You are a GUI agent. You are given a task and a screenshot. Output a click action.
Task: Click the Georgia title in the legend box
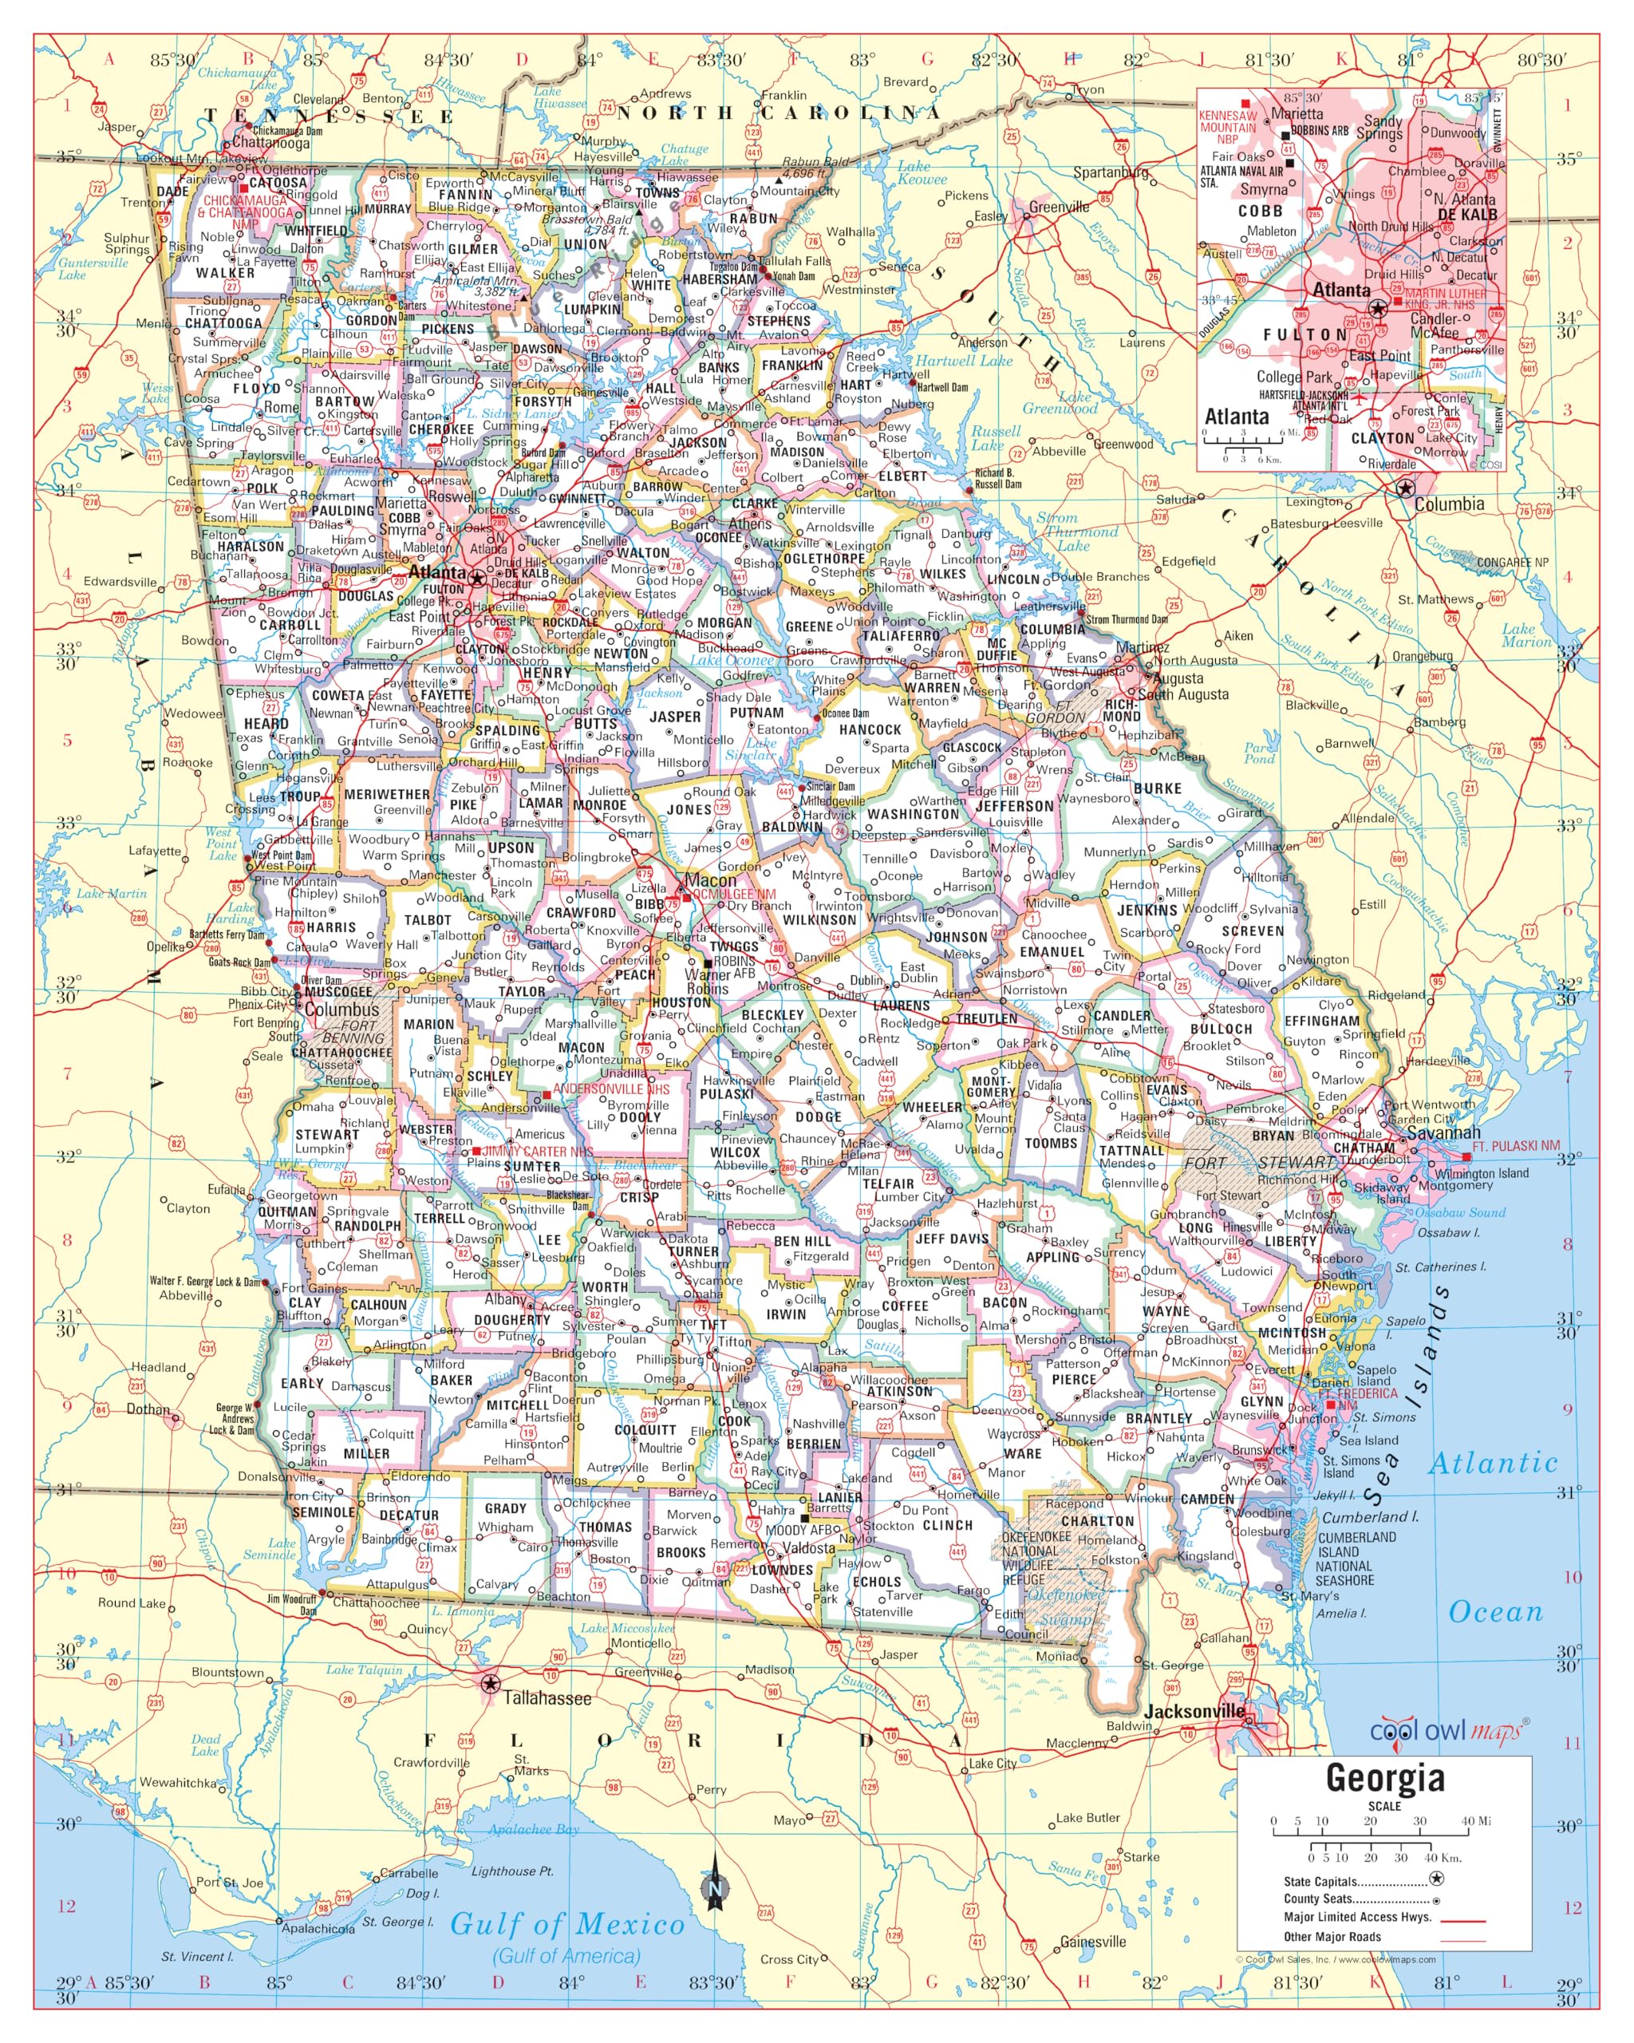click(1384, 1779)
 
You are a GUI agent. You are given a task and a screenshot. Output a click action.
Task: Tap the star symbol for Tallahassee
click(490, 1684)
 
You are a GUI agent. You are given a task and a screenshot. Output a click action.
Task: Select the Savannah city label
click(1443, 1133)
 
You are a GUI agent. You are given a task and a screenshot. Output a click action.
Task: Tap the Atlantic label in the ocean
click(1492, 1463)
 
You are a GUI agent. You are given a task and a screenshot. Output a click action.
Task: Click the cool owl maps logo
click(1448, 1731)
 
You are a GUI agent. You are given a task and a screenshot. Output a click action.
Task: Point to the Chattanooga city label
click(270, 143)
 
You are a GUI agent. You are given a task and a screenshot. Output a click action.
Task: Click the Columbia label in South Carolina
click(1448, 504)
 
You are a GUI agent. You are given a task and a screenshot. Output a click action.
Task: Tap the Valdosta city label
click(808, 1548)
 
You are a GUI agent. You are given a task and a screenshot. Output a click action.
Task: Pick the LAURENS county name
click(901, 1006)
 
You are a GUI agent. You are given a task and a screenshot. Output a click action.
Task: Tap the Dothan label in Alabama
click(148, 1409)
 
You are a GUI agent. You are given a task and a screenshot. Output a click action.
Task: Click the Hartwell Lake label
click(963, 361)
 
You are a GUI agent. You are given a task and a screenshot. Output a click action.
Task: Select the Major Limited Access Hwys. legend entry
click(1356, 1916)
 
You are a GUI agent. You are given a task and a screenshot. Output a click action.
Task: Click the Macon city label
click(709, 880)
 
